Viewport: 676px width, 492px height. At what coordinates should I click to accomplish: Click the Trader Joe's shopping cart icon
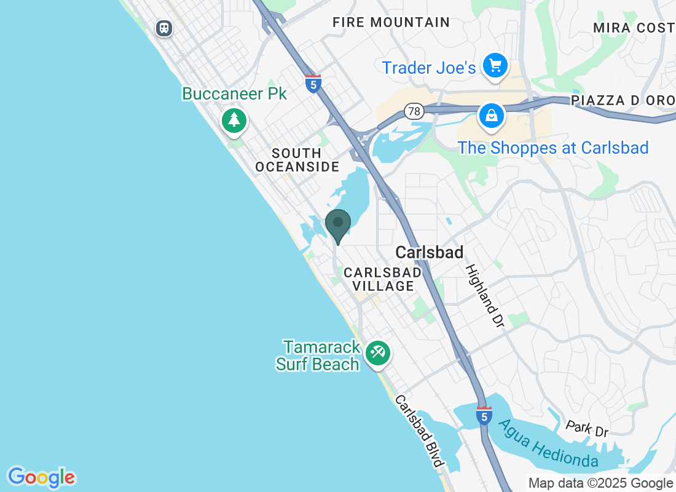tap(495, 65)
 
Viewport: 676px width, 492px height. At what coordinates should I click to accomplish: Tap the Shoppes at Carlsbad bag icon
tap(492, 115)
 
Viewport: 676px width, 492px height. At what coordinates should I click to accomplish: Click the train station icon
tap(163, 28)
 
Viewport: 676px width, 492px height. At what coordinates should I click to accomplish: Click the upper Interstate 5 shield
tap(313, 84)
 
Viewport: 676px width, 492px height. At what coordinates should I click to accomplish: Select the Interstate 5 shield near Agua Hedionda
tap(484, 416)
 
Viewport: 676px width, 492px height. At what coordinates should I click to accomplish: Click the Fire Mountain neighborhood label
tap(391, 22)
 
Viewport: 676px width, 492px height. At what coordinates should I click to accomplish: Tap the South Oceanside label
tap(297, 160)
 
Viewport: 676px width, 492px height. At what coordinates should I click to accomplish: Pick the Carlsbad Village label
tap(383, 279)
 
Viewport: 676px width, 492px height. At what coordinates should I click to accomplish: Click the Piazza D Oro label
tap(623, 100)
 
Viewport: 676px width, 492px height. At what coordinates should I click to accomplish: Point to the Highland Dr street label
tap(485, 295)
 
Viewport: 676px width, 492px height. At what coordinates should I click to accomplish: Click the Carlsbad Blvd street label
tap(419, 430)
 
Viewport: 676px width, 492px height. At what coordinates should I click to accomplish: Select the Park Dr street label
tap(587, 428)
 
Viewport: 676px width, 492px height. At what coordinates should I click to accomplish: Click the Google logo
tap(41, 477)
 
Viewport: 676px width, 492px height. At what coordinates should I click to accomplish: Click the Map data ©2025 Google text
tap(600, 483)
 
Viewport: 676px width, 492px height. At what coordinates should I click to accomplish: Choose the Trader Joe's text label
tap(428, 68)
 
